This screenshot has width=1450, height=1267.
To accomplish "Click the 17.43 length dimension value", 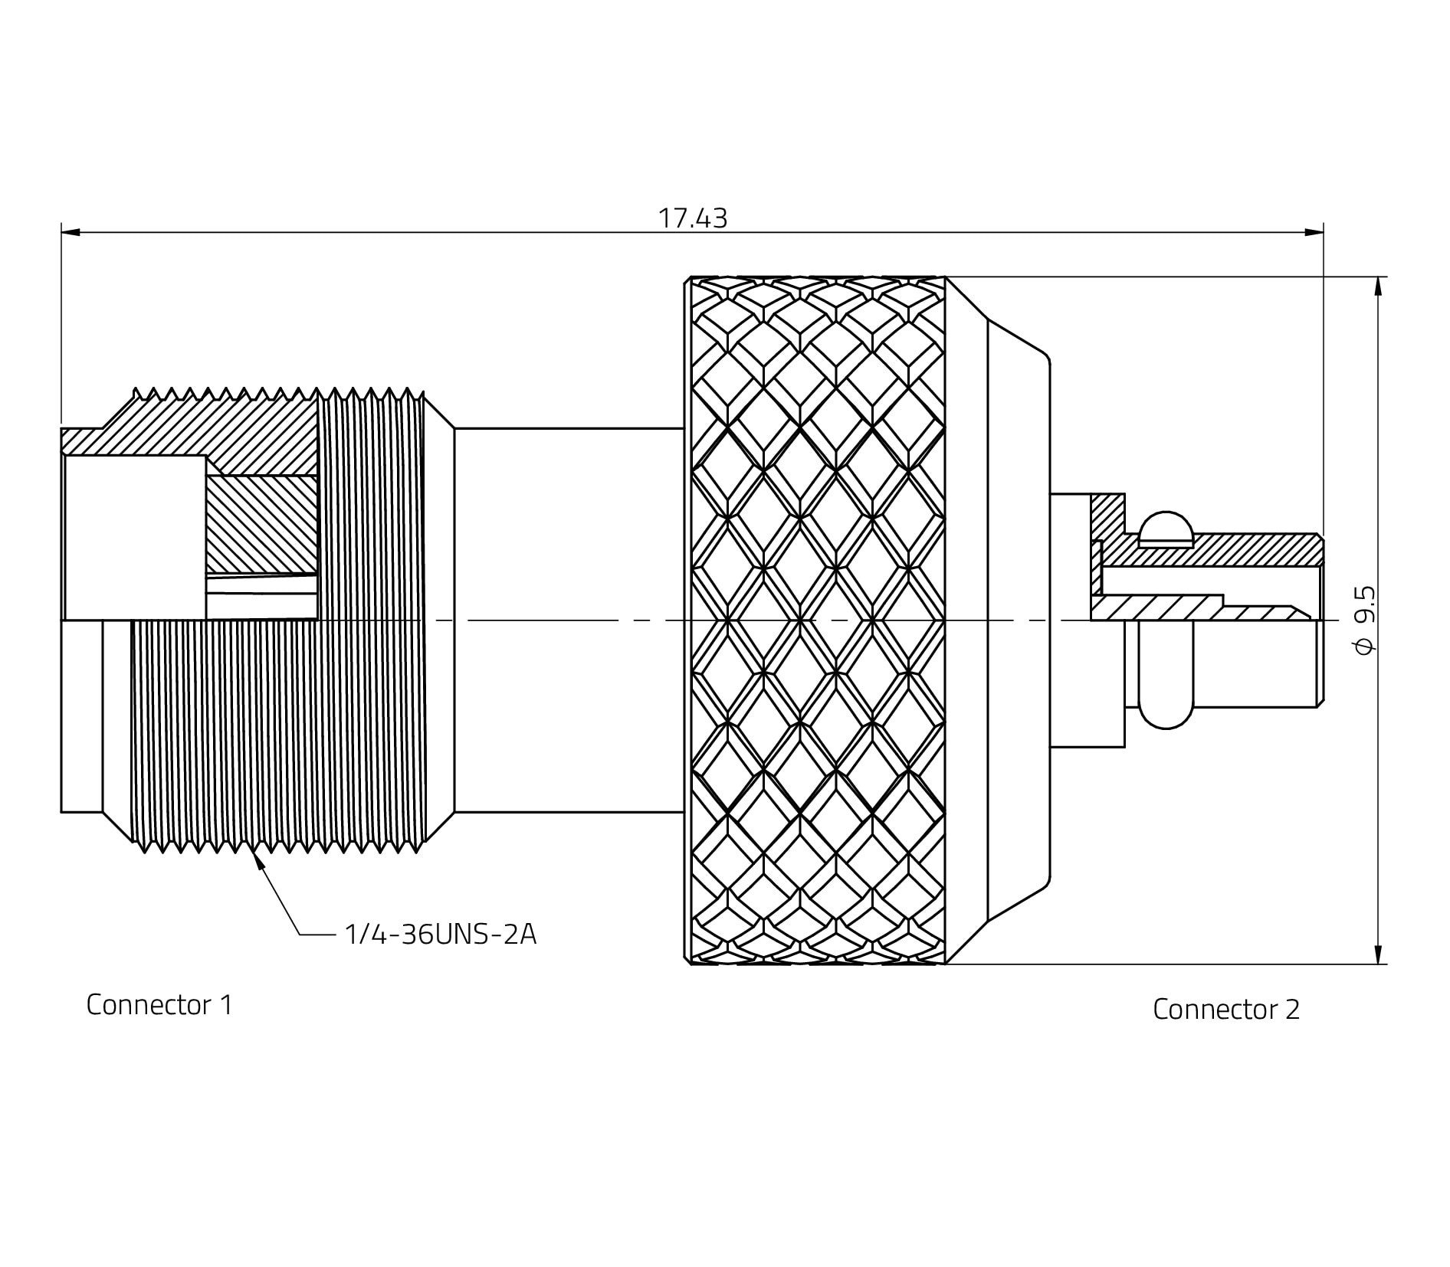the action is (x=693, y=218).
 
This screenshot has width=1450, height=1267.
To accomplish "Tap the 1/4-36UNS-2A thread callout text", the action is (x=440, y=935).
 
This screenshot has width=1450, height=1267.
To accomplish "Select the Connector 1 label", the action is (x=159, y=1004).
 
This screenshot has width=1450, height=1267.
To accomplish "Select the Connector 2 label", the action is (x=1226, y=1009).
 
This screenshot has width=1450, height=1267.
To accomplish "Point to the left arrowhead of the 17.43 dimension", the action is (x=71, y=231).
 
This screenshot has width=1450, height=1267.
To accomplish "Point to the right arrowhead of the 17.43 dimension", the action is (x=1314, y=231).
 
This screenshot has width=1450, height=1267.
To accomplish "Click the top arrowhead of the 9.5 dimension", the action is (x=1379, y=286).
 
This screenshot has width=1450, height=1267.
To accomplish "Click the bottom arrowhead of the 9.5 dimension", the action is (x=1379, y=954).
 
